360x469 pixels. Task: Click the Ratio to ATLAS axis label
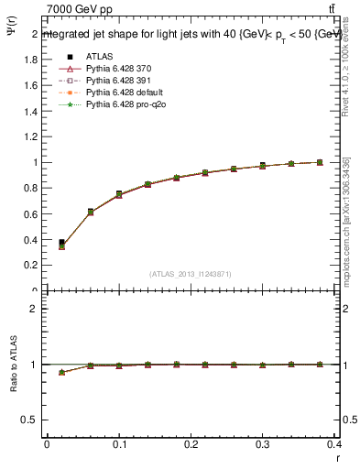13,365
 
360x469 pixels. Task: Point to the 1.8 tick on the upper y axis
32,59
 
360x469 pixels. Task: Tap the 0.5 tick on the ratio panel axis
32,420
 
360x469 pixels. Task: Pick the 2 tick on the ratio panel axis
35,309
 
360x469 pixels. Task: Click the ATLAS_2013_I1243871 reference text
190,275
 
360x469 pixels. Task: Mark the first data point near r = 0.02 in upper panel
61,244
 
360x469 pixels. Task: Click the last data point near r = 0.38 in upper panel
320,162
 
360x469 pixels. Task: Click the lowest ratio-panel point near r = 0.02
61,373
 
